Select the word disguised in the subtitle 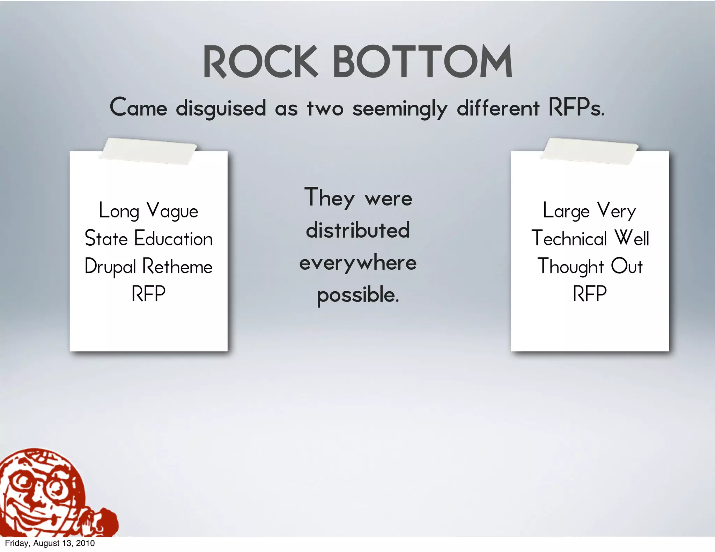click(x=221, y=108)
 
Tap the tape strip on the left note click(x=148, y=151)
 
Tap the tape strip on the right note click(x=589, y=151)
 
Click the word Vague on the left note click(x=172, y=211)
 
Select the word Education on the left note click(x=173, y=239)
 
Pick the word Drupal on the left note click(x=110, y=267)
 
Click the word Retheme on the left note click(x=177, y=267)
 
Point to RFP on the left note click(x=148, y=294)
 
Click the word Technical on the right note click(x=569, y=239)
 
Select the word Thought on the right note click(x=570, y=267)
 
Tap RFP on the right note click(x=590, y=294)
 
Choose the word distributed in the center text click(x=358, y=230)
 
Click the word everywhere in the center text click(x=358, y=263)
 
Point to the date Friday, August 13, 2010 click(x=50, y=543)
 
